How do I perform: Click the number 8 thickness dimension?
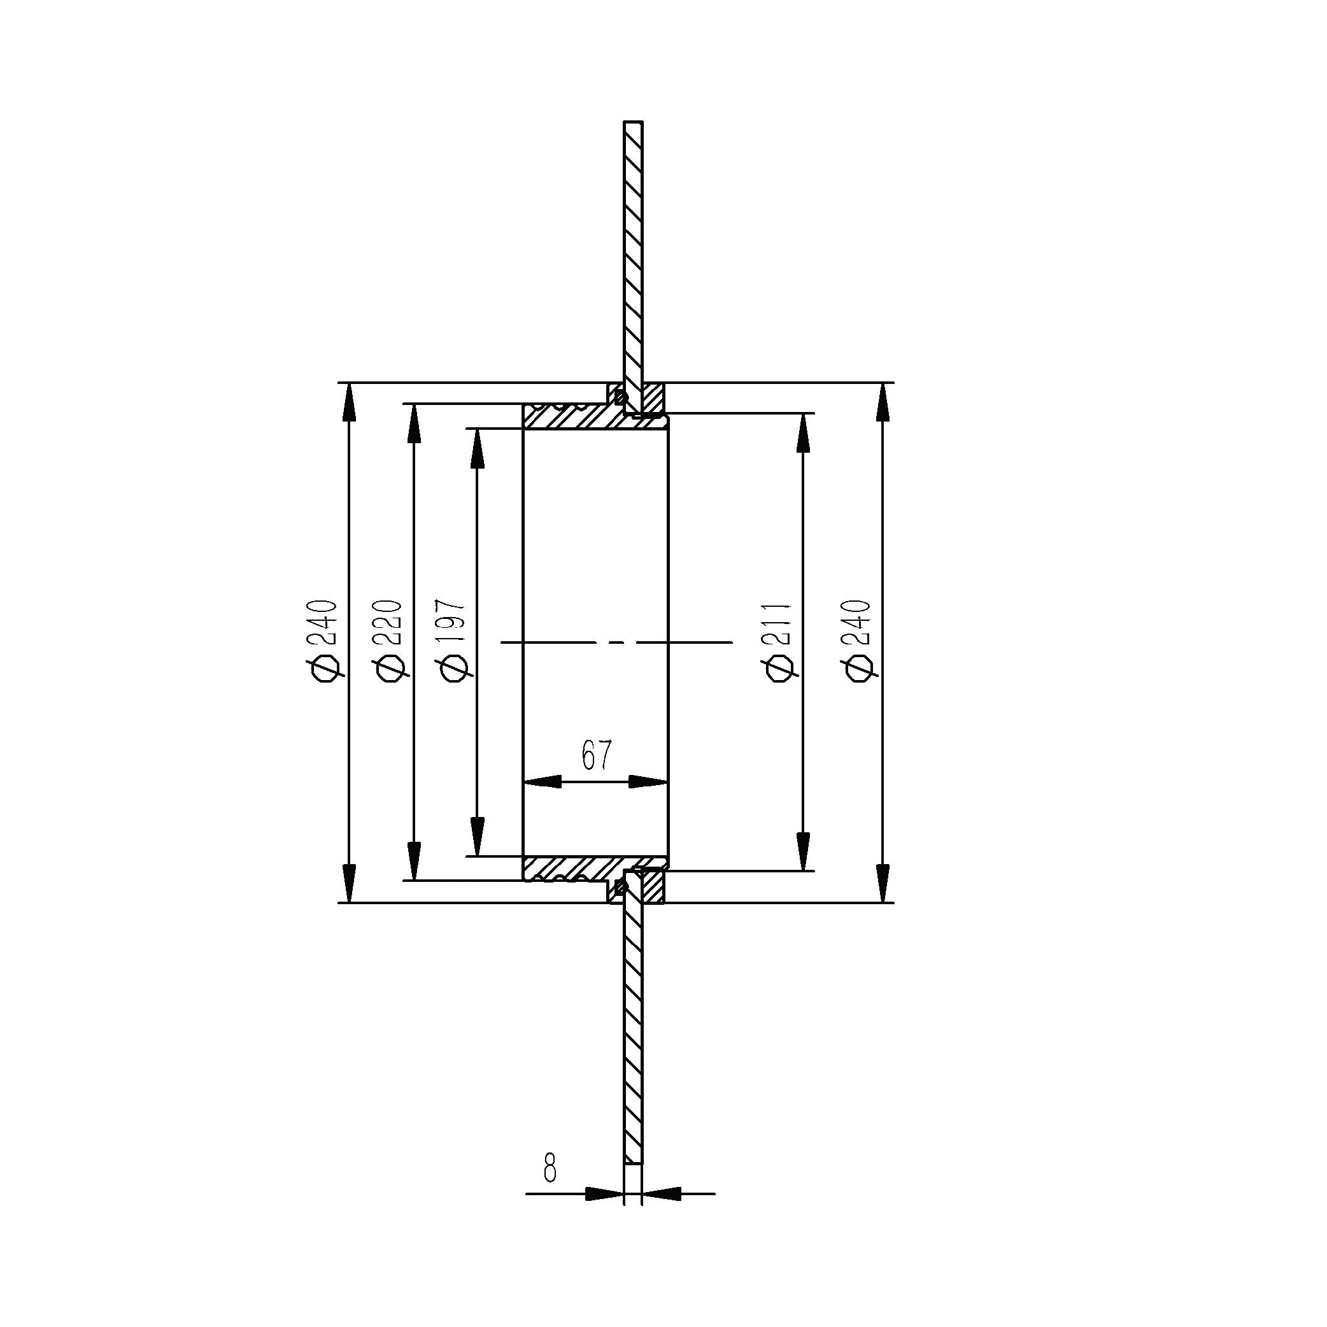coord(550,1168)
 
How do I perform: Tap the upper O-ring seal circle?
coord(620,397)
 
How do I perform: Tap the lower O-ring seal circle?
coord(620,888)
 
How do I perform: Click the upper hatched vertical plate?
coord(634,254)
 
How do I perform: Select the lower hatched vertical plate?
coord(634,1030)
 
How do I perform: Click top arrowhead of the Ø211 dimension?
coord(803,433)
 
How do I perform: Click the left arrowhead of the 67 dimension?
coord(543,782)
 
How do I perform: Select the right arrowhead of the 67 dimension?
coord(648,782)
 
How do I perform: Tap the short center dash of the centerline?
coord(616,642)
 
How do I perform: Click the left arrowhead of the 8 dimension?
coord(604,1195)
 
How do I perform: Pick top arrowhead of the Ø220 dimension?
coord(413,423)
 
